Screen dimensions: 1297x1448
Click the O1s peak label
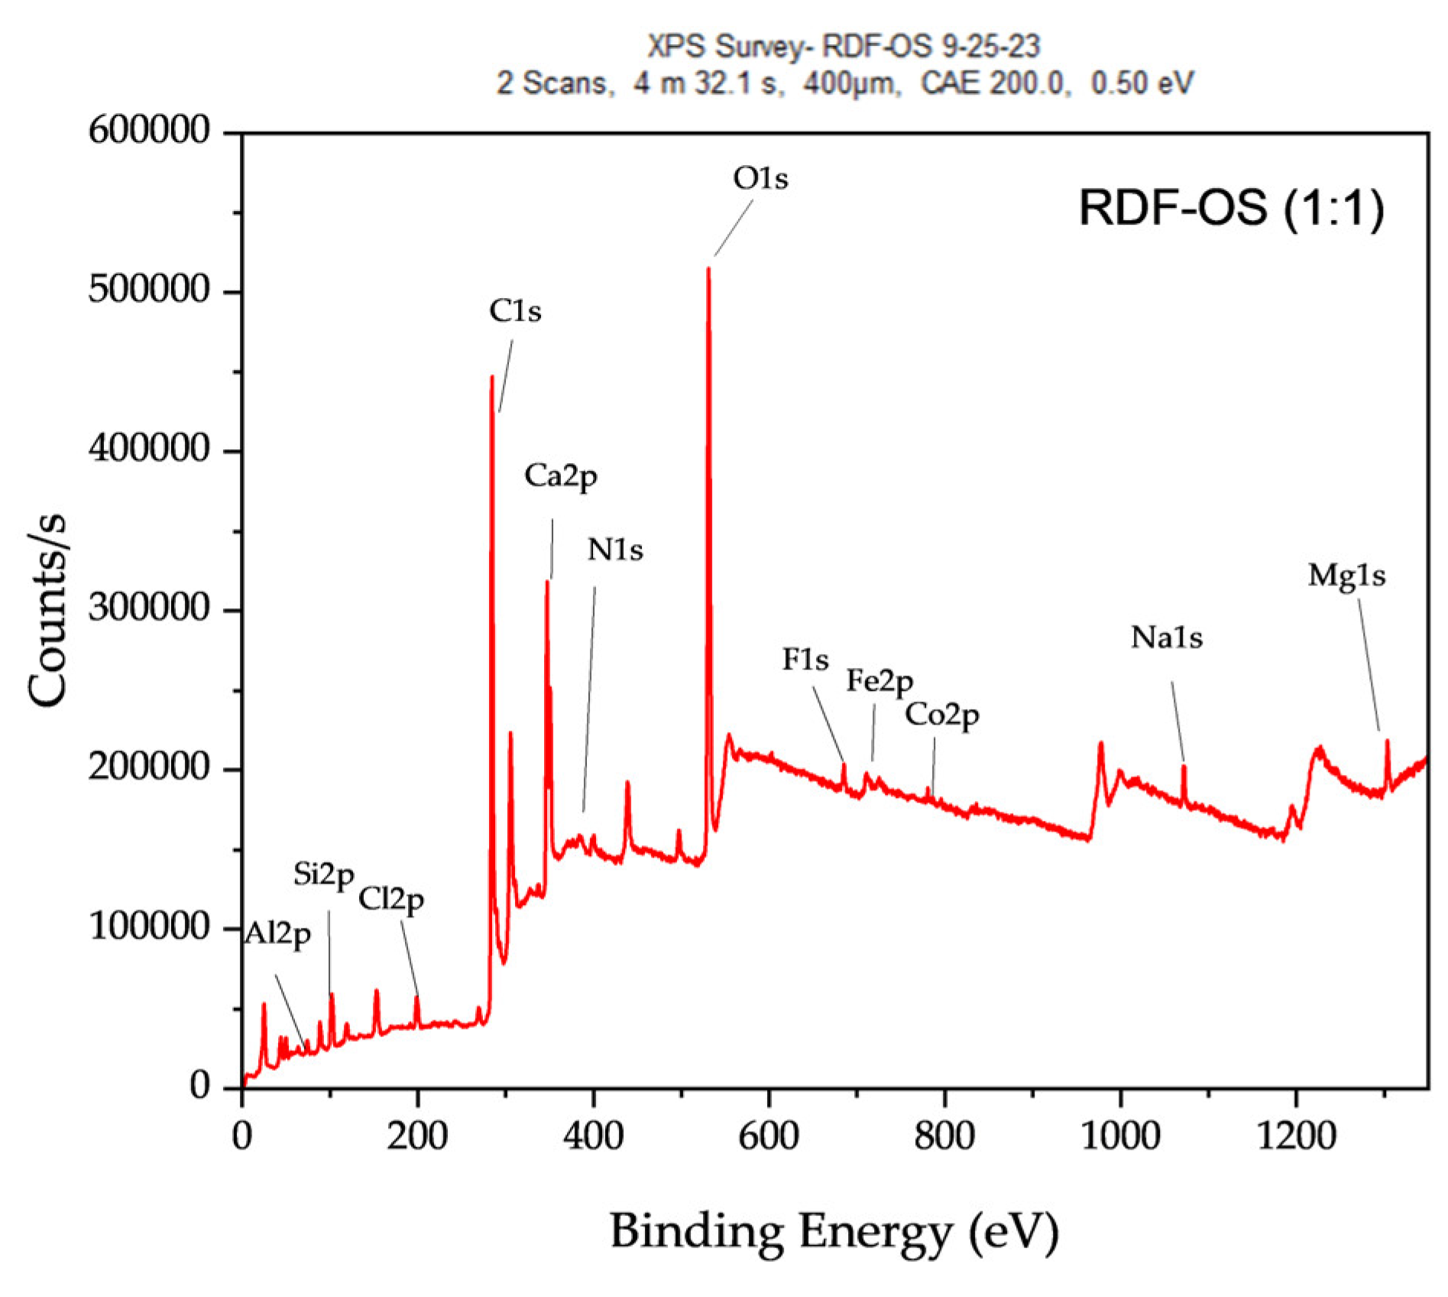click(x=760, y=179)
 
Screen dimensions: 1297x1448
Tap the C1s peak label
click(x=515, y=311)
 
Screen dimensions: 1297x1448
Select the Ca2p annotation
click(x=560, y=476)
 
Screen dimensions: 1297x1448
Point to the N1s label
click(x=615, y=550)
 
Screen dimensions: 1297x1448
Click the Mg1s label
click(x=1346, y=576)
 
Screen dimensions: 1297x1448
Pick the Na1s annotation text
click(x=1167, y=637)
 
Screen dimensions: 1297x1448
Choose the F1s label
click(x=805, y=660)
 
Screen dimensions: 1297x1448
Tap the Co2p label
click(x=941, y=715)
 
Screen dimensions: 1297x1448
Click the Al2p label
click(x=277, y=935)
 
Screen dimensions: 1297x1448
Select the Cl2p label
click(x=391, y=900)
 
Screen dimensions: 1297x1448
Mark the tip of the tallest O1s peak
click(x=708, y=269)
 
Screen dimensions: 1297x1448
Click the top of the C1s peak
click(x=492, y=377)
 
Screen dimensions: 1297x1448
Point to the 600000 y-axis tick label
click(x=148, y=131)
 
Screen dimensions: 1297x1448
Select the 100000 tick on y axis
click(x=149, y=927)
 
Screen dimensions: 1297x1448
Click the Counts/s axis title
click(x=48, y=611)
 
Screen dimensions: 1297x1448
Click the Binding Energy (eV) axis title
click(x=834, y=1232)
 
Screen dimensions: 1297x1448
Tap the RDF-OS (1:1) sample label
click(x=1231, y=207)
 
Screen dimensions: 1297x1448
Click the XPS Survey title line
click(x=844, y=47)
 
